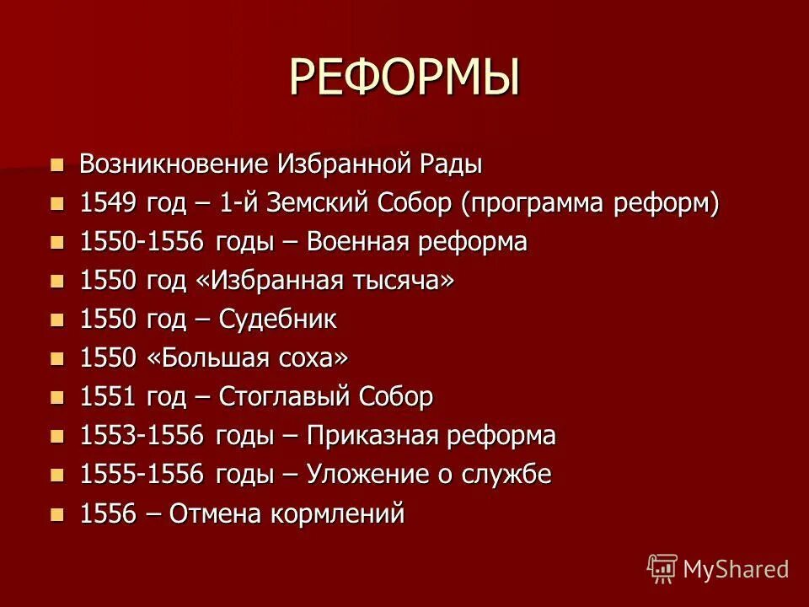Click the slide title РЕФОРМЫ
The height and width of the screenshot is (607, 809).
click(x=404, y=78)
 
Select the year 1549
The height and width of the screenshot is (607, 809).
click(x=108, y=203)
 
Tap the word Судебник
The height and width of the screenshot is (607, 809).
click(x=278, y=320)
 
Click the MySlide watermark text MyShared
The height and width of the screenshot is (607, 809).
click(x=736, y=569)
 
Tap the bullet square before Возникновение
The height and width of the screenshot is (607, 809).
click(x=57, y=164)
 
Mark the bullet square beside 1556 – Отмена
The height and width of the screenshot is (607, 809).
click(x=57, y=513)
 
